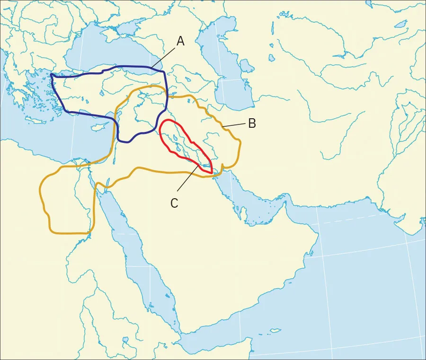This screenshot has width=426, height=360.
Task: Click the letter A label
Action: pos(180,42)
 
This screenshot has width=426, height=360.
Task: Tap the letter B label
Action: pos(252,124)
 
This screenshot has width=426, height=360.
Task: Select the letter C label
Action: pos(174,203)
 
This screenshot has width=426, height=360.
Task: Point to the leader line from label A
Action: pos(163,57)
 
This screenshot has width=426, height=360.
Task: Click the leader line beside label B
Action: pos(235,125)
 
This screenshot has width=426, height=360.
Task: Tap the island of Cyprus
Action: pos(98,128)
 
